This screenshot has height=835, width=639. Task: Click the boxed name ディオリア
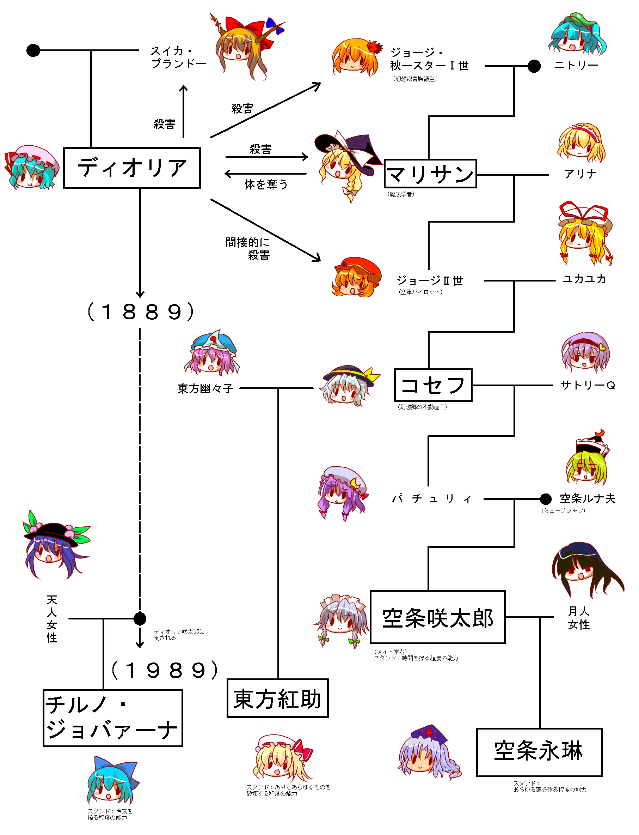[x=131, y=168]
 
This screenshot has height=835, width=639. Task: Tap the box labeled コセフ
[x=433, y=385]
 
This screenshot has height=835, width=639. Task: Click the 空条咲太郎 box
[x=437, y=617]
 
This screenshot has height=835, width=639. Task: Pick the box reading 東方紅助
[x=277, y=698]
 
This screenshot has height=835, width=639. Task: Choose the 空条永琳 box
[x=539, y=752]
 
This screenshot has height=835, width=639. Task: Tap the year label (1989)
[x=164, y=671]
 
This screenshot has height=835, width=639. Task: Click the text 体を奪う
[x=266, y=184]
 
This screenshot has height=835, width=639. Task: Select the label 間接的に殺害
[x=248, y=248]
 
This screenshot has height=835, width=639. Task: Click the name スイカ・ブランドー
[x=178, y=57]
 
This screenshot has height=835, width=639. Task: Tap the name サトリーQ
[x=587, y=385]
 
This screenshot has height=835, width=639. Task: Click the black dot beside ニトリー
[x=534, y=66]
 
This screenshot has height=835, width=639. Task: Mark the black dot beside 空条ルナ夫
[x=546, y=498]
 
